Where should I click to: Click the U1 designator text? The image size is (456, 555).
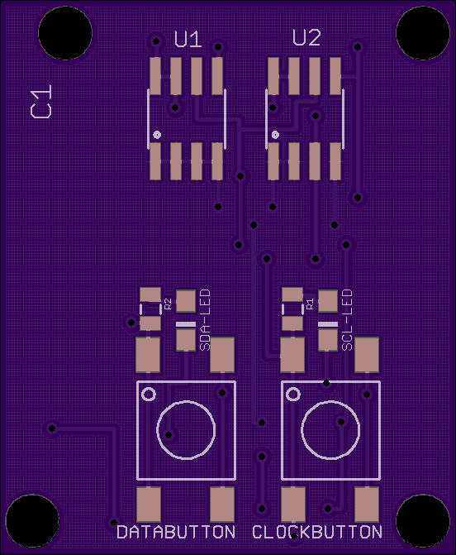[188, 40]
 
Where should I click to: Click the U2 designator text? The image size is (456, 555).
[306, 38]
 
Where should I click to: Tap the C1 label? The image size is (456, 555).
[41, 101]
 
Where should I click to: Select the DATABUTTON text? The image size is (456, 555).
[176, 532]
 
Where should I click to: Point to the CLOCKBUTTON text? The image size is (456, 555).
[317, 532]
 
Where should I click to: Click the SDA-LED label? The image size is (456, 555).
[205, 320]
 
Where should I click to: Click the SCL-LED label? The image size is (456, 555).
[348, 320]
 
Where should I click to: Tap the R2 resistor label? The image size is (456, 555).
[168, 304]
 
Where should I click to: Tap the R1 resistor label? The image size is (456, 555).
[310, 304]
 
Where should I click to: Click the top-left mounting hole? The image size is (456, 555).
[65, 33]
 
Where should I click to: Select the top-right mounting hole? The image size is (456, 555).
[423, 33]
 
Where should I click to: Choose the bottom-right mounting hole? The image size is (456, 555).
[423, 521]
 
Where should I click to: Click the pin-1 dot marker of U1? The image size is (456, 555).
[157, 135]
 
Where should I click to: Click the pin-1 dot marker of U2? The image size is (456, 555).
[275, 135]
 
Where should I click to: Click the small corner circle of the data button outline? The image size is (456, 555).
[149, 395]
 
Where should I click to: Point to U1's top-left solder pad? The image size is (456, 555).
[155, 76]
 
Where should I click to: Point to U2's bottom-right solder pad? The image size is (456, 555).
[335, 161]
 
